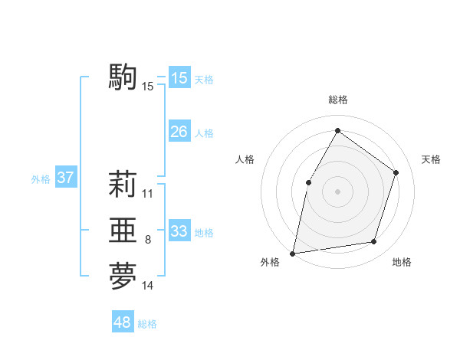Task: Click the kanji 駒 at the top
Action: (x=123, y=77)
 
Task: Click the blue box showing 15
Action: (x=179, y=78)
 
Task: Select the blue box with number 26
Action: (x=179, y=132)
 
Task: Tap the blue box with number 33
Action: (x=179, y=231)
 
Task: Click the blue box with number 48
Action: (x=123, y=322)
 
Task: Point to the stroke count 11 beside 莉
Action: (x=148, y=194)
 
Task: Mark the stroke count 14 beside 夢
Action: (x=148, y=286)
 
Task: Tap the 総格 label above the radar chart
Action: (x=337, y=100)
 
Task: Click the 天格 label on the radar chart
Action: (x=431, y=159)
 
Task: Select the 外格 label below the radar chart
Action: (x=270, y=262)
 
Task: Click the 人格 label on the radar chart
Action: (x=245, y=159)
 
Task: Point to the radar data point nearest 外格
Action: (x=293, y=253)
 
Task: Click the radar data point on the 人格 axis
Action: (x=308, y=182)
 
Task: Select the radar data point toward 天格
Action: (x=396, y=172)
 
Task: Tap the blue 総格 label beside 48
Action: (x=147, y=324)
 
